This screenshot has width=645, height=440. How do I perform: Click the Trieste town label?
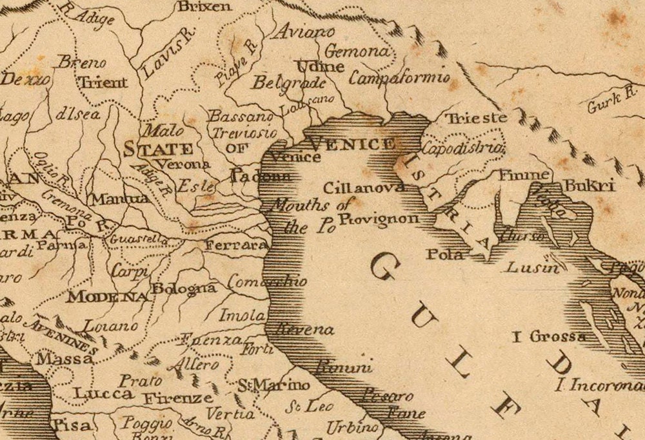pyautogui.click(x=477, y=118)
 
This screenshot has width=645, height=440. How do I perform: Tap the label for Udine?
pyautogui.click(x=319, y=66)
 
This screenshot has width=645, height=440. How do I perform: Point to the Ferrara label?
pyautogui.click(x=236, y=245)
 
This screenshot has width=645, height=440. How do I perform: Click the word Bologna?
pyautogui.click(x=184, y=288)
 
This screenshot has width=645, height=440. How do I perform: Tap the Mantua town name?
pyautogui.click(x=121, y=199)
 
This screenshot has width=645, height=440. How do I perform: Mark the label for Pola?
pyautogui.click(x=444, y=254)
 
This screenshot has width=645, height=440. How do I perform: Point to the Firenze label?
pyautogui.click(x=178, y=398)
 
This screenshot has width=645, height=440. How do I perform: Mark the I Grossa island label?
pyautogui.click(x=550, y=336)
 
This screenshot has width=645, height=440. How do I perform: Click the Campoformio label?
pyautogui.click(x=399, y=78)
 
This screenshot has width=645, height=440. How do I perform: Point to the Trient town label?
pyautogui.click(x=103, y=82)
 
